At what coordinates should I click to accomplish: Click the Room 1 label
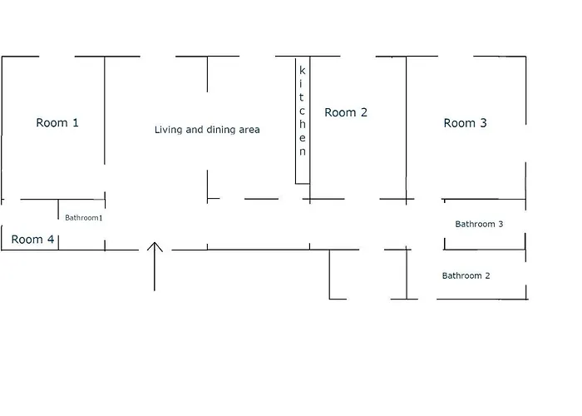pos(57,122)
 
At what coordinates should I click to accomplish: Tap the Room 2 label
pos(346,112)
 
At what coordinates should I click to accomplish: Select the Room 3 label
pos(465,123)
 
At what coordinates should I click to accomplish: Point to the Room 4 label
pos(32,240)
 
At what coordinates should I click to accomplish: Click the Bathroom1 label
pos(83,218)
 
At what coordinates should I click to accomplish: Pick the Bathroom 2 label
pos(466,275)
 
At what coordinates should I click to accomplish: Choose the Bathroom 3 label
pos(479,224)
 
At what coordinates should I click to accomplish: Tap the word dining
pos(219,130)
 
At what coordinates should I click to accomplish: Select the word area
pos(249,130)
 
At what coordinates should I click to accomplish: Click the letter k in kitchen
pos(303,70)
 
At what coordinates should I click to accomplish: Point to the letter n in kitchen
pos(303,151)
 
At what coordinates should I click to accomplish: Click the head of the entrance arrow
pos(155,243)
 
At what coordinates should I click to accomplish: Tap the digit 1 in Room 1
pos(76,122)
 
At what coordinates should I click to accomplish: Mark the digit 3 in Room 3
pos(483,123)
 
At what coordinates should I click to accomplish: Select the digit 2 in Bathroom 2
pos(487,275)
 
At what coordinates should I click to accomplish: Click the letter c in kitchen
pos(302,111)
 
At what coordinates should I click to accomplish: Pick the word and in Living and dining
pos(195,130)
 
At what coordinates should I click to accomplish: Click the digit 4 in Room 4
pos(51,240)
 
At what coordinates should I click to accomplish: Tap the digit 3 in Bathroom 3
pos(501,224)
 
